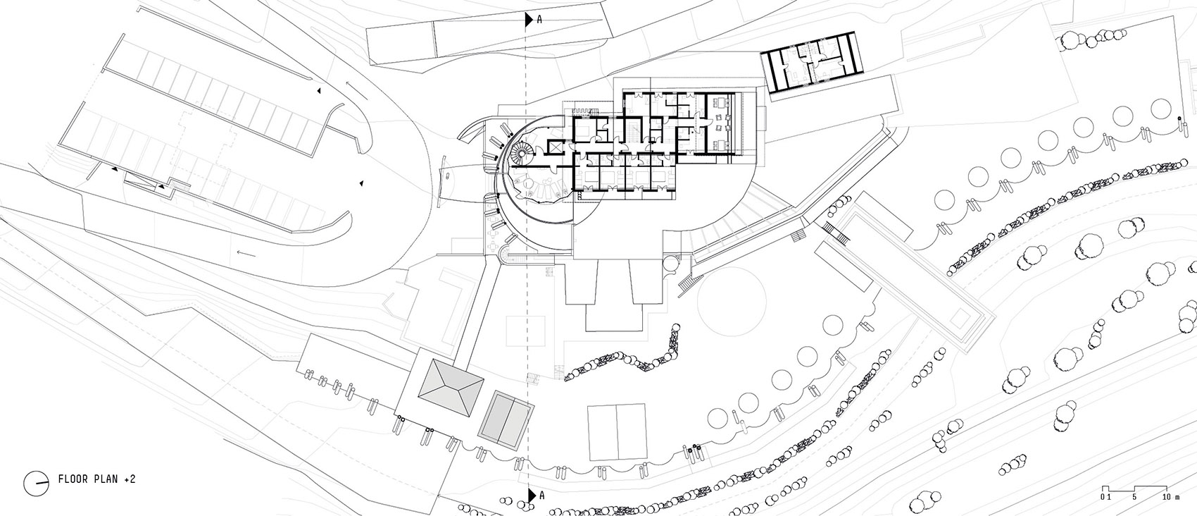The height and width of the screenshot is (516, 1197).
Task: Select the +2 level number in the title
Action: [130, 479]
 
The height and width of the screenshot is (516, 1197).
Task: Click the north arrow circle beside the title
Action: [37, 484]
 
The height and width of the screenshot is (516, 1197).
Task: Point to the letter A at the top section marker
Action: [540, 20]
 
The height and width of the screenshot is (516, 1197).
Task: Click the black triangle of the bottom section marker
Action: [531, 495]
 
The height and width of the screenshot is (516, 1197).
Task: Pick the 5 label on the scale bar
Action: [1134, 497]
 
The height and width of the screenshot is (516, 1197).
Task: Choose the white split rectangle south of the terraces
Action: [617, 431]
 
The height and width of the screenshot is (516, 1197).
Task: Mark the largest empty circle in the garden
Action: [732, 301]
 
